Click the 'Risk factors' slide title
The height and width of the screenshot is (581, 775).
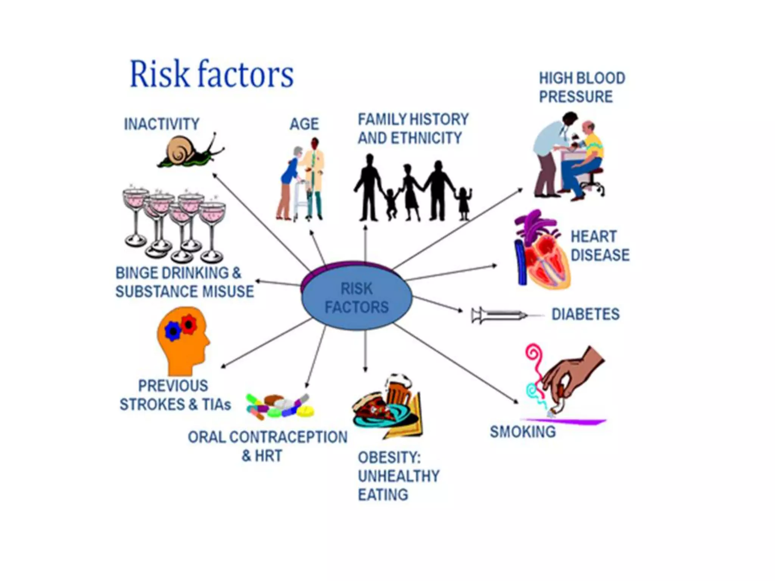pos(212,74)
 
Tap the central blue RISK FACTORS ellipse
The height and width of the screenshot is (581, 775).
pos(356,297)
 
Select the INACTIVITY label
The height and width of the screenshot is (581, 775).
pos(162,124)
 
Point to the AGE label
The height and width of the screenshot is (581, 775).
pos(304,124)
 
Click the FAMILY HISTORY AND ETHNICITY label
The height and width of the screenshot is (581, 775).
pos(413,129)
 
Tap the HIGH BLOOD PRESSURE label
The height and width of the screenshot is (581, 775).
pos(582,87)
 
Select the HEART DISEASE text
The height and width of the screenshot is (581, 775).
pos(600,245)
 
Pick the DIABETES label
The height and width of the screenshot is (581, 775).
pos(585,314)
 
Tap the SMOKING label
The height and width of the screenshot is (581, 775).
pos(523,432)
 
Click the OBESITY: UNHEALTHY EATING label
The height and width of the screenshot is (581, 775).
pos(398,476)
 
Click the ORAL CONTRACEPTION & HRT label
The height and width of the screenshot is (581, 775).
pos(268,446)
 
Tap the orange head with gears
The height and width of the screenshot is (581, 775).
pos(183,341)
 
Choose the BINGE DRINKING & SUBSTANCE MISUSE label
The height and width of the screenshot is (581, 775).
pos(185,282)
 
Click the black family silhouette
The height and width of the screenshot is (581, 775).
pos(413,188)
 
